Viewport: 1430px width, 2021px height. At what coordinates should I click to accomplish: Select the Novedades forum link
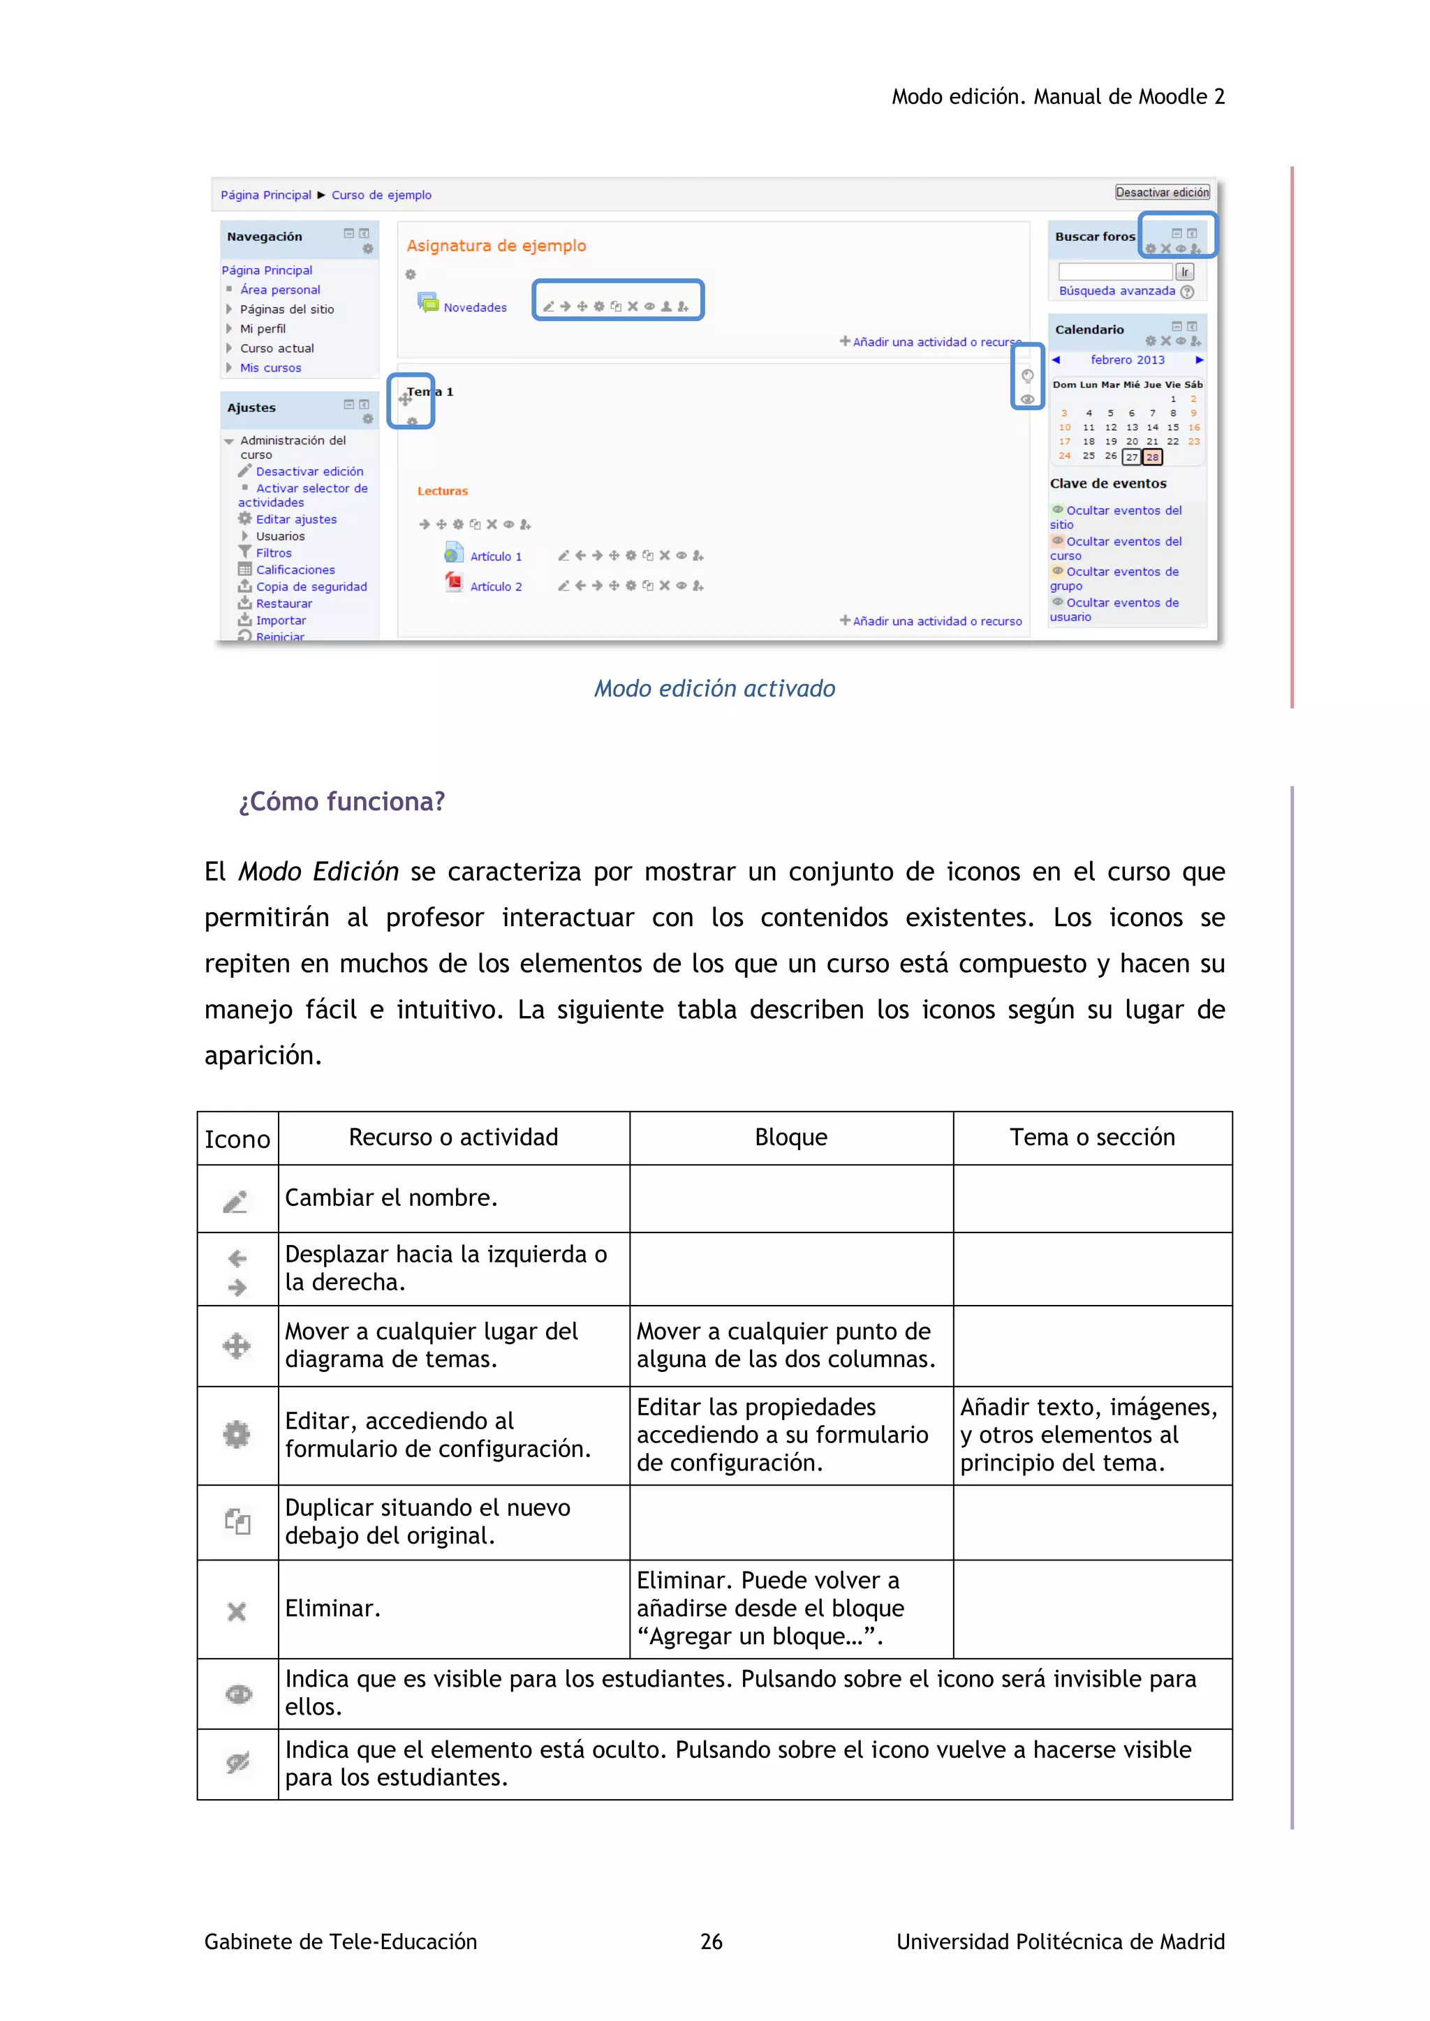(x=475, y=307)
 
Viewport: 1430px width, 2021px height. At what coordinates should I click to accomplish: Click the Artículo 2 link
(x=495, y=586)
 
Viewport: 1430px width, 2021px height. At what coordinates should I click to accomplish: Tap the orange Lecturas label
(x=442, y=491)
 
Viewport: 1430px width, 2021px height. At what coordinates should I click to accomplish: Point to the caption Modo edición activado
(x=714, y=688)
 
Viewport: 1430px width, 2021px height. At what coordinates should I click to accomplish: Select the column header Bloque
(x=790, y=1138)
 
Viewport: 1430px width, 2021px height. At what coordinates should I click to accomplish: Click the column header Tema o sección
(x=1092, y=1138)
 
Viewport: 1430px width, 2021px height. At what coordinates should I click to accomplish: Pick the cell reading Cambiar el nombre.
(x=391, y=1198)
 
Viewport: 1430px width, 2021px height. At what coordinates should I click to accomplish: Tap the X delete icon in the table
(x=236, y=1611)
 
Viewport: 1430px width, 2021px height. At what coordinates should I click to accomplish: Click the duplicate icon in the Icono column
(x=237, y=1521)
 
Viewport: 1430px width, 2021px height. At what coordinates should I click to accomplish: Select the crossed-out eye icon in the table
(x=237, y=1762)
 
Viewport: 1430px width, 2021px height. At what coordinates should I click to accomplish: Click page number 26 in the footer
(x=711, y=1941)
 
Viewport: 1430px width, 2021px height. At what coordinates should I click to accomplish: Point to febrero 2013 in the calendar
(x=1127, y=360)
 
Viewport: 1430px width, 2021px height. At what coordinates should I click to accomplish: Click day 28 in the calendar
(x=1151, y=457)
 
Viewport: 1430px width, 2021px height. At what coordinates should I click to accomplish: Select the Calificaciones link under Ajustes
(x=295, y=569)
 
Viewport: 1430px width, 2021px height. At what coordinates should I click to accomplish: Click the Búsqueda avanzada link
(x=1116, y=290)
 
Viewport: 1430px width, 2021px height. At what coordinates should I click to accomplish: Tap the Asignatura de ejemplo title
(x=496, y=246)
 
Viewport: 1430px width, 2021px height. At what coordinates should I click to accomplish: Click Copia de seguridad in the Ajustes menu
(x=311, y=586)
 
